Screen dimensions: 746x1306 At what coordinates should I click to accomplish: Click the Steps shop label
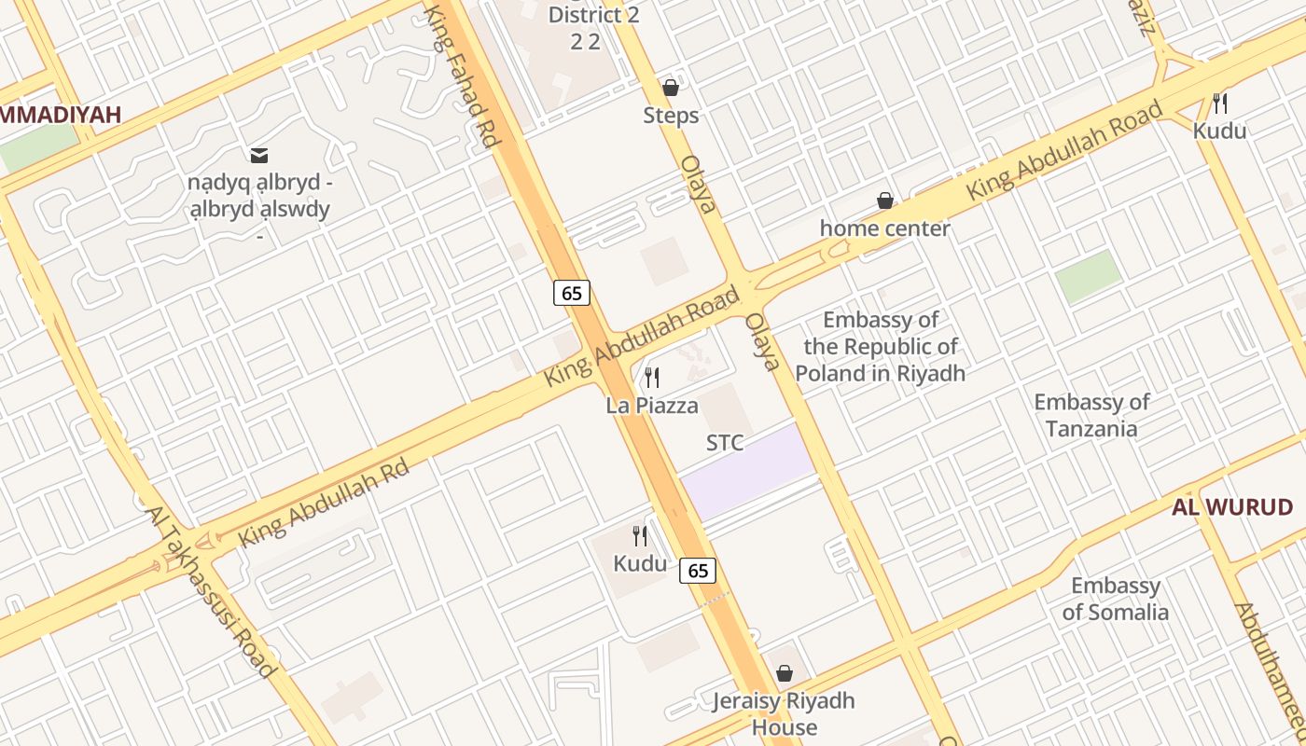tap(671, 116)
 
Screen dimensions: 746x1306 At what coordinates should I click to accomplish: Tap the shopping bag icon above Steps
tap(670, 88)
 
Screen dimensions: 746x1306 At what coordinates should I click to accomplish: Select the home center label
tap(884, 228)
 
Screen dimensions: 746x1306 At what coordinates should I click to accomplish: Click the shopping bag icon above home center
tap(884, 200)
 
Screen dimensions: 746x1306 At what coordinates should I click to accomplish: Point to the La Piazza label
tap(652, 406)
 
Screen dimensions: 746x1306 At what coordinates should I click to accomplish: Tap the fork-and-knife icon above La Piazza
tap(652, 378)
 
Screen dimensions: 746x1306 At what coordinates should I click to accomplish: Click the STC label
tap(725, 443)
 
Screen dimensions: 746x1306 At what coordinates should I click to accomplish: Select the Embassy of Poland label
tap(880, 347)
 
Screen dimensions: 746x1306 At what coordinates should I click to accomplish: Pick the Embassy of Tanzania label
tap(1091, 415)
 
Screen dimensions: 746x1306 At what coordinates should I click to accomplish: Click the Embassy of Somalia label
tap(1115, 599)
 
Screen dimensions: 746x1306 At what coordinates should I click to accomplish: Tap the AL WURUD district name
tap(1231, 508)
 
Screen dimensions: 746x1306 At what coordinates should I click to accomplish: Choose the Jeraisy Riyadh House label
tap(784, 713)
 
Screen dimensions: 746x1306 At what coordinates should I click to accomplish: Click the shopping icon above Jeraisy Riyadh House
tap(785, 673)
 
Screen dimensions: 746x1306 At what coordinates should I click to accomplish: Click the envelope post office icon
tap(258, 154)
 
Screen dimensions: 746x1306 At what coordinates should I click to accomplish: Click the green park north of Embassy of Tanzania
tap(1089, 276)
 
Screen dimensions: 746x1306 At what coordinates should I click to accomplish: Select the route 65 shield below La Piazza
tap(698, 570)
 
